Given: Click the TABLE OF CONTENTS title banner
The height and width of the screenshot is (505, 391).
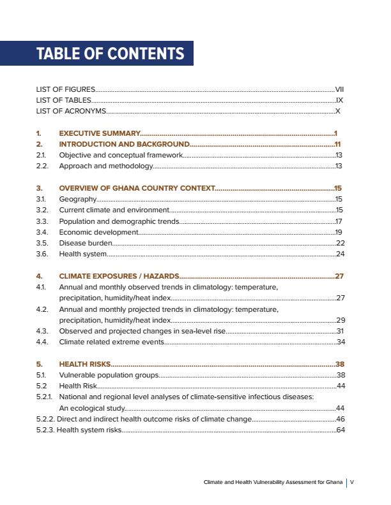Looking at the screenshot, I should click(110, 54).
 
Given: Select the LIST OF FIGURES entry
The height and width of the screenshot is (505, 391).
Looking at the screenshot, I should click(66, 89).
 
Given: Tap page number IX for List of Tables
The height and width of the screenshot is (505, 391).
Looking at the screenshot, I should click(340, 100).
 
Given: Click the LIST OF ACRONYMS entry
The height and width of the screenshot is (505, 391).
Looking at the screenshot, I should click(71, 111).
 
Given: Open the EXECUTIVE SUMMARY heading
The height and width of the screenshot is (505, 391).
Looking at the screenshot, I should click(99, 133).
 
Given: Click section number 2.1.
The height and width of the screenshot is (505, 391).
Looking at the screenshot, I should click(41, 155).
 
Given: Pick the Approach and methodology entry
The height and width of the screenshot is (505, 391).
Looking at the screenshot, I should click(106, 166).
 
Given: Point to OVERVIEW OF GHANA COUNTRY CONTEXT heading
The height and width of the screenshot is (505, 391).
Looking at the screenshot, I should click(137, 188).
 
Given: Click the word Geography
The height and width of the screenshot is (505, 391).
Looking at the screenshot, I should click(77, 199).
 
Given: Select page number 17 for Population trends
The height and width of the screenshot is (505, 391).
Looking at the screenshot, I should click(340, 221).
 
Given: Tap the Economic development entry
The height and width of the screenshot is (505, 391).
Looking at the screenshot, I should click(98, 232).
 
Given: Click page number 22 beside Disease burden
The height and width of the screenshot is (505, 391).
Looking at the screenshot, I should click(340, 243).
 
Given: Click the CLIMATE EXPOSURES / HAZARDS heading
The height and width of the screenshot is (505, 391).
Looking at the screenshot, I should click(119, 276).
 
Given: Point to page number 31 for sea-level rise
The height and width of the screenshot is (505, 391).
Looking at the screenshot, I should click(341, 331).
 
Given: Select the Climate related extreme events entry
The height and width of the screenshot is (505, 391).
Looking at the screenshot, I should click(111, 342).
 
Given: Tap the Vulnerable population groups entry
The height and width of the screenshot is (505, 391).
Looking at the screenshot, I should click(109, 375).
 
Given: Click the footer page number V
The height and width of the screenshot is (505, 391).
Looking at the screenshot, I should click(352, 482).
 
